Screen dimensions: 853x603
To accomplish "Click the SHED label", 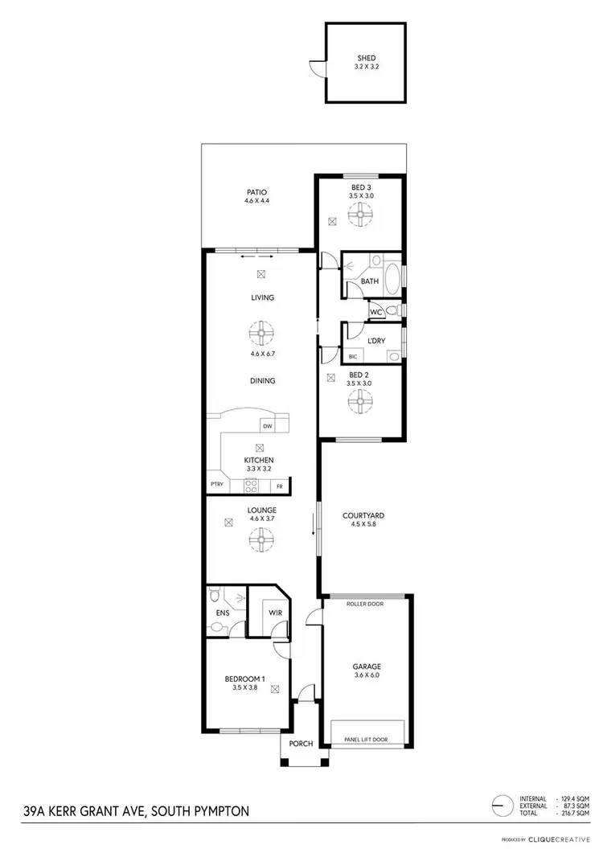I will click(366, 59).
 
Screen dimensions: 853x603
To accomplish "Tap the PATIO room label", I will click(257, 193).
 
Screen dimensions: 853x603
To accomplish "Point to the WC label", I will click(375, 312).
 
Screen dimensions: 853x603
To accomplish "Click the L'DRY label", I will click(375, 341).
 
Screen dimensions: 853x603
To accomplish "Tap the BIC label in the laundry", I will click(353, 356).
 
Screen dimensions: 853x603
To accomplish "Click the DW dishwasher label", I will click(267, 426).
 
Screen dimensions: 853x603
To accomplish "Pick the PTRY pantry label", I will click(216, 486).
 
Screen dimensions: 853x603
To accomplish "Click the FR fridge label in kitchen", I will click(280, 486).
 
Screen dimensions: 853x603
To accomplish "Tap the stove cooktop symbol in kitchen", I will click(250, 486).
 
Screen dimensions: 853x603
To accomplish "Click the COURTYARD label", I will click(363, 516).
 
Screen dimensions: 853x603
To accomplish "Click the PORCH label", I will click(303, 743).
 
